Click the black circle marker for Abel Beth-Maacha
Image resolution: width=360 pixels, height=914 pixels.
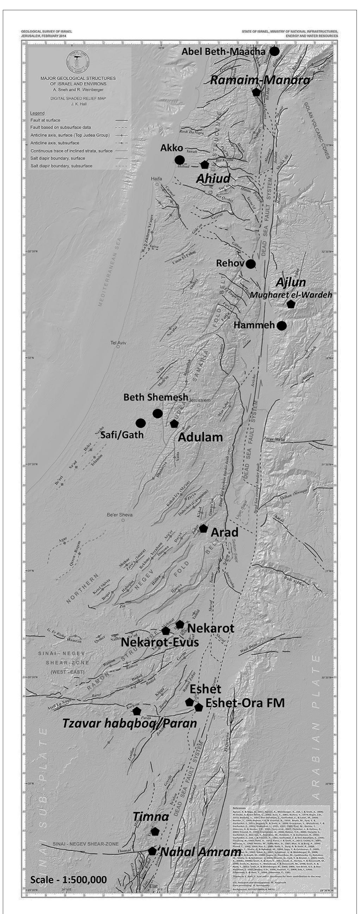pos(275,51)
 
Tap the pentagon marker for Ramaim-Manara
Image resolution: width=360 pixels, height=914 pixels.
pos(256,92)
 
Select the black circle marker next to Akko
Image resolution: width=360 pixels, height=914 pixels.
pos(179,160)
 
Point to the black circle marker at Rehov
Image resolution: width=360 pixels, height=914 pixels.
pos(251,264)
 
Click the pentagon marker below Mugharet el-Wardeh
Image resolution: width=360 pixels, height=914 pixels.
pos(291,304)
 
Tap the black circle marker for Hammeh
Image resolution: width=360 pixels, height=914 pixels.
pos(282,325)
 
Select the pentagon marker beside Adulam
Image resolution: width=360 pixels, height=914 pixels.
pos(174,423)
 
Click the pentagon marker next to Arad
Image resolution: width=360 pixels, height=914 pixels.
pos(203,528)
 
